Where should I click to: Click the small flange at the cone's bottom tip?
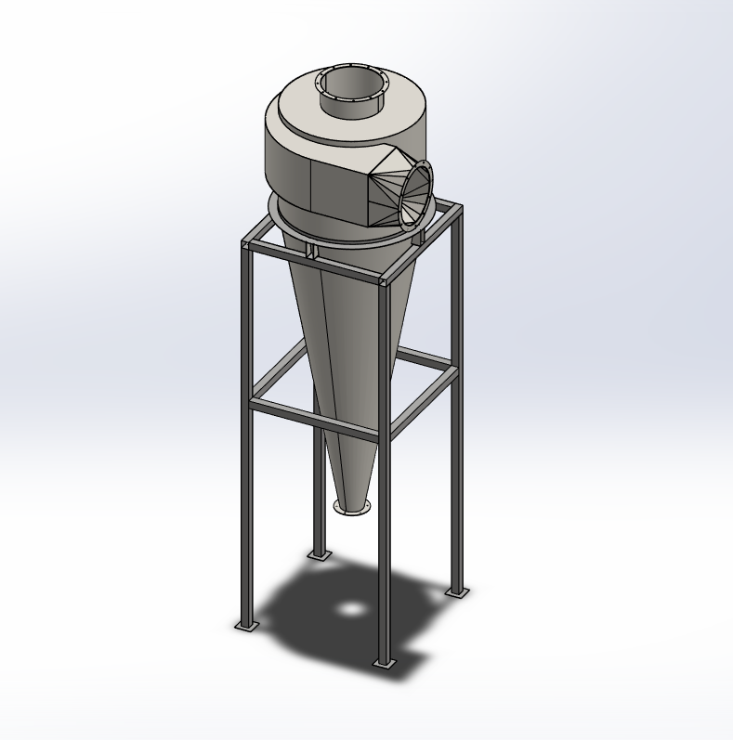352,505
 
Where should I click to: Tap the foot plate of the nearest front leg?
384,663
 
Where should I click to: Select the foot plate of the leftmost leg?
246,626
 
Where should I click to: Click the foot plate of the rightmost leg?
455,591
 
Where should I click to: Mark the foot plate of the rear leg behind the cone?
319,555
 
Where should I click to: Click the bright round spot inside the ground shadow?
352,609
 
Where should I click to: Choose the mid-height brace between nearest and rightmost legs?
423,400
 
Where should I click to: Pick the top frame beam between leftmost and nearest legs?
311,262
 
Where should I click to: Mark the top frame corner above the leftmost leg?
246,245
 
